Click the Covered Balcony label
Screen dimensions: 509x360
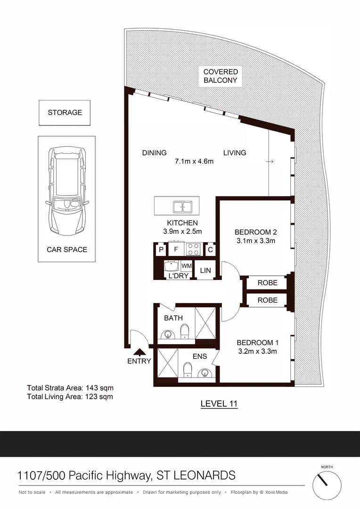click(x=221, y=76)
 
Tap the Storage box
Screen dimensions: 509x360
click(x=65, y=113)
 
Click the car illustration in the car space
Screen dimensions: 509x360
click(x=68, y=193)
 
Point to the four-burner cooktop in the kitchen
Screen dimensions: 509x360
click(x=193, y=249)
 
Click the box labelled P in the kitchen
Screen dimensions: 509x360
click(x=161, y=249)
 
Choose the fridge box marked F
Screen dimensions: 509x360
click(x=176, y=249)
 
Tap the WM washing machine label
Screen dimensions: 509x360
click(x=186, y=266)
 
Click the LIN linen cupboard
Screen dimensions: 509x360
click(x=205, y=270)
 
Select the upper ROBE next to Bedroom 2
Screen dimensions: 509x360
click(x=267, y=283)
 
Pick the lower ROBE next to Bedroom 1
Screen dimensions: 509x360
click(x=267, y=300)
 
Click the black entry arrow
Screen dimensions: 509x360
click(x=139, y=352)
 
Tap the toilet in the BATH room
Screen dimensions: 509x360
click(x=185, y=331)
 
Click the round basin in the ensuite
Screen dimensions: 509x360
click(x=205, y=373)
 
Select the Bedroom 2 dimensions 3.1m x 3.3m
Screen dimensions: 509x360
click(x=255, y=241)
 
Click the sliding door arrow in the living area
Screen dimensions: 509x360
click(x=270, y=162)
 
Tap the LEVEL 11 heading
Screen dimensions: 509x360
click(x=219, y=403)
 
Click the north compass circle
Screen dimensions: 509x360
click(x=327, y=484)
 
